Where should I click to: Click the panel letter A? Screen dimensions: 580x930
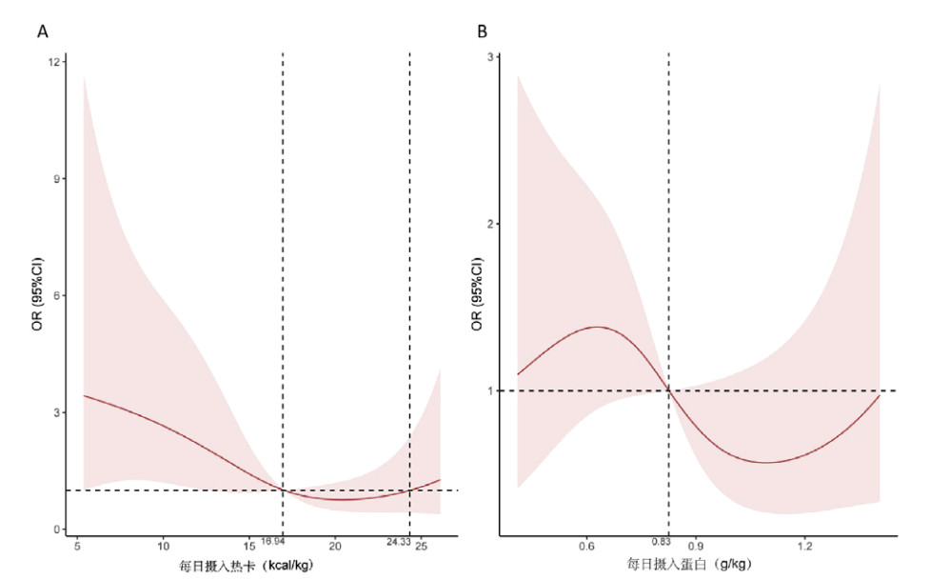tap(43, 31)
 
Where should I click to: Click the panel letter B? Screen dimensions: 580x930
tap(483, 31)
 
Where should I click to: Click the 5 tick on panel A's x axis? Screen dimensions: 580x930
tap(76, 546)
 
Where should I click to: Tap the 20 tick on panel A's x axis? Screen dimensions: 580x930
tap(335, 546)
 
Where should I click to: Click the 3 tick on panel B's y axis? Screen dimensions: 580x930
tap(500, 57)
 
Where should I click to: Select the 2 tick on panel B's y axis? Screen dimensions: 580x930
tap(500, 224)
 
